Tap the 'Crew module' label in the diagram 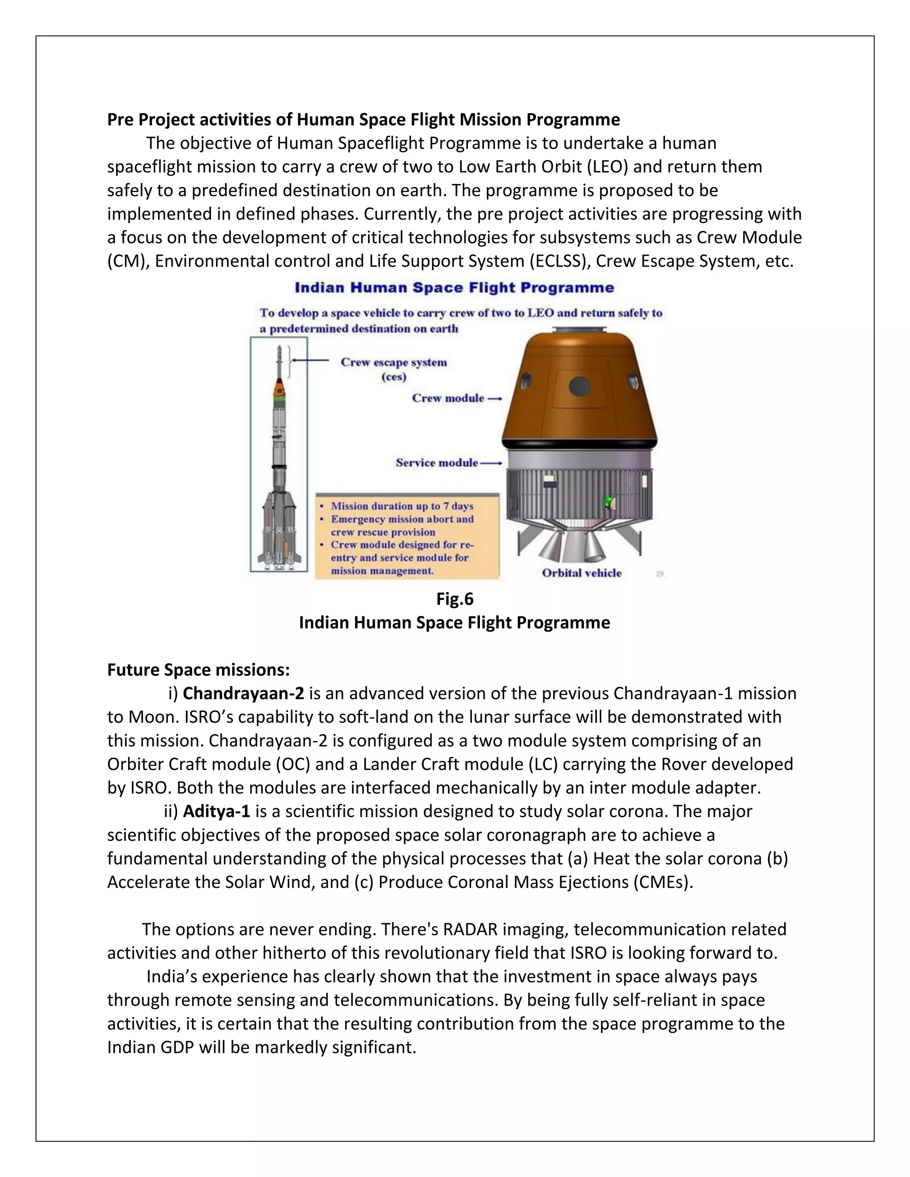tap(448, 398)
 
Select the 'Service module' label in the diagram tap(437, 463)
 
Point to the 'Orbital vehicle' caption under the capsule tap(582, 573)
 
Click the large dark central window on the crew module tap(579, 386)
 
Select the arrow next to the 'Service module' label tap(491, 463)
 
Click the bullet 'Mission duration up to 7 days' tap(402, 506)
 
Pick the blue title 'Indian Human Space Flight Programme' tap(454, 288)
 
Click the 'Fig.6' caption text tap(455, 599)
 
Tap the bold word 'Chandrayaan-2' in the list tap(243, 694)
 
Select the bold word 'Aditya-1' tap(217, 811)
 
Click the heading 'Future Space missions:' tap(198, 670)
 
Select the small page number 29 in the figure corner tap(660, 574)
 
